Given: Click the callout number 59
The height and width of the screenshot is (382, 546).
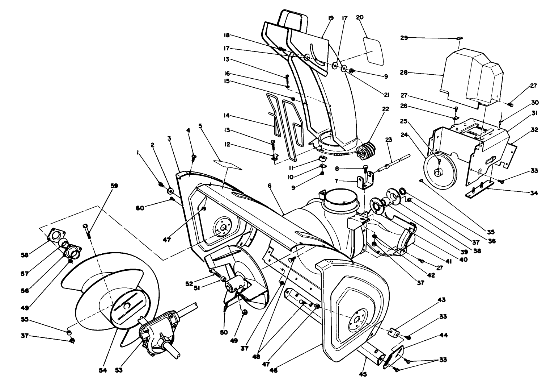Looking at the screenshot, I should click(114, 186).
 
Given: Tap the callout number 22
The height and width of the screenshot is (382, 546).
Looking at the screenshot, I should click(386, 109).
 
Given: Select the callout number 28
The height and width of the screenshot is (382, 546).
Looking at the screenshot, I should click(404, 72).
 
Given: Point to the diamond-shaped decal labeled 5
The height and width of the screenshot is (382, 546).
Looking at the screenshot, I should click(227, 165).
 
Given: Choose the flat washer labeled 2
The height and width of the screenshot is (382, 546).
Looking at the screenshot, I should click(170, 191).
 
